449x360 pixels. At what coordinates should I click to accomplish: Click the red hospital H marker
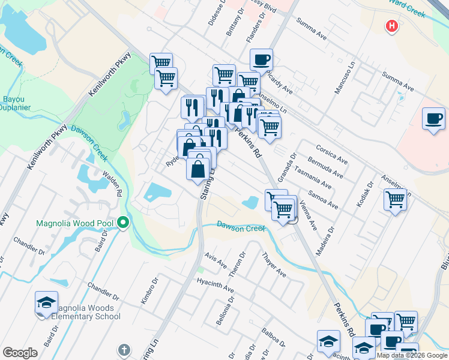[392, 26]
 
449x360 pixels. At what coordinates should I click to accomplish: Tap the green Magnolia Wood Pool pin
[124, 224]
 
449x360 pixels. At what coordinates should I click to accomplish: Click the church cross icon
[124, 349]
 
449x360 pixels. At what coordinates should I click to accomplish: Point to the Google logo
[20, 353]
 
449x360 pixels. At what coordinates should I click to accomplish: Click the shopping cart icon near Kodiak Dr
[396, 199]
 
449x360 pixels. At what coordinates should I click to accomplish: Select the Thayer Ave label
[274, 265]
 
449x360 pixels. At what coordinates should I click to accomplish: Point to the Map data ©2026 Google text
[411, 355]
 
